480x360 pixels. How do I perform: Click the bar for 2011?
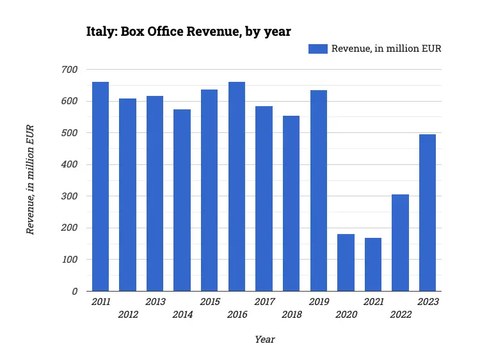100,187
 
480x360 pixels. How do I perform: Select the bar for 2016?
237,187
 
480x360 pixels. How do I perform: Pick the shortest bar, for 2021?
373,265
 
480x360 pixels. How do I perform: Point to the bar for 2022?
400,243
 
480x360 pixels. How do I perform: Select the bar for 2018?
291,203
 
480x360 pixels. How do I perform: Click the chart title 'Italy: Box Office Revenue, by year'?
189,31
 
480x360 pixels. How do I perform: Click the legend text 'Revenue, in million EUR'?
386,49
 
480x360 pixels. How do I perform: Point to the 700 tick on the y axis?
69,70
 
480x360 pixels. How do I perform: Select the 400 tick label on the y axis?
69,164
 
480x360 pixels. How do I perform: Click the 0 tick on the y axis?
74,292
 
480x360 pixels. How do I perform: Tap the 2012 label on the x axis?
128,315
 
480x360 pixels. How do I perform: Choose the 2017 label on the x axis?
264,302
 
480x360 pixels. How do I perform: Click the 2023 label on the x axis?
428,302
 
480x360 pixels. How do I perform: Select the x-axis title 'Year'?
264,340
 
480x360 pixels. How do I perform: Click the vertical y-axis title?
30,180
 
